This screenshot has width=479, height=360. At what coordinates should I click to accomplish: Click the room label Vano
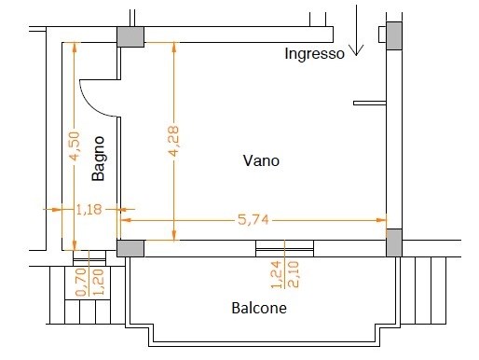pyautogui.click(x=261, y=160)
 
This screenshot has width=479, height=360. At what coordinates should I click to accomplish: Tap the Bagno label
pyautogui.click(x=98, y=159)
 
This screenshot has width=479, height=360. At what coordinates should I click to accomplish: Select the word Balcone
pyautogui.click(x=259, y=308)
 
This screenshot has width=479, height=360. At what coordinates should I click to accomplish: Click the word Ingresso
pyautogui.click(x=315, y=54)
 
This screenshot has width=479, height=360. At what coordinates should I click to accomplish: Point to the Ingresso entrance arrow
pyautogui.click(x=356, y=30)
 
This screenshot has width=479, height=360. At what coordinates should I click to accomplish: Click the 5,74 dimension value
pyautogui.click(x=253, y=220)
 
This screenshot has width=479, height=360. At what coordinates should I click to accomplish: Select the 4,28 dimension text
pyautogui.click(x=173, y=141)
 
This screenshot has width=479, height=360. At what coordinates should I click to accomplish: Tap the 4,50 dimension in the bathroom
pyautogui.click(x=75, y=146)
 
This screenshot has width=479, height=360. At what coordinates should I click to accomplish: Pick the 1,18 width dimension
pyautogui.click(x=89, y=210)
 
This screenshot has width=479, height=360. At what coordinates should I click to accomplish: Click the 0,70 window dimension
pyautogui.click(x=81, y=283)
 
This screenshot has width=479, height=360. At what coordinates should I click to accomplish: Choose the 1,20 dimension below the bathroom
pyautogui.click(x=99, y=283)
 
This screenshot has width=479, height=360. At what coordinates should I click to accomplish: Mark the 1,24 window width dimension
pyautogui.click(x=277, y=275)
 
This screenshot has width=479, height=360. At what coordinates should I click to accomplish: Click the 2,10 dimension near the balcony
pyautogui.click(x=294, y=275)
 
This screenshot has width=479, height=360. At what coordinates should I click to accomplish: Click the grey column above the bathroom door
pyautogui.click(x=130, y=36)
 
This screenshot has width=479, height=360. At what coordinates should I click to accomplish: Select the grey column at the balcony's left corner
pyautogui.click(x=130, y=248)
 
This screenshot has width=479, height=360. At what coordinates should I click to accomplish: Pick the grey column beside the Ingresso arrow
pyautogui.click(x=394, y=35)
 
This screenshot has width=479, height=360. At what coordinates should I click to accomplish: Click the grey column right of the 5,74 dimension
pyautogui.click(x=394, y=242)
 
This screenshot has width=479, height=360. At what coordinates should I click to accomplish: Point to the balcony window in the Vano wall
pyautogui.click(x=284, y=248)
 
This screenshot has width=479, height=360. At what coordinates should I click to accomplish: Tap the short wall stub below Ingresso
pyautogui.click(x=370, y=103)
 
